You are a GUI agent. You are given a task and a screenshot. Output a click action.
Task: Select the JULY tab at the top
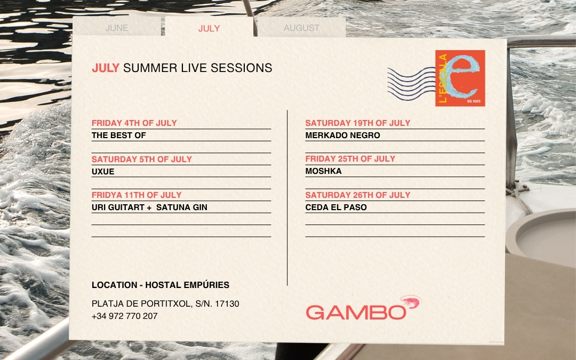209,28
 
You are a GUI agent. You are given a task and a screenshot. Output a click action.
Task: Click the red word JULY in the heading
106,68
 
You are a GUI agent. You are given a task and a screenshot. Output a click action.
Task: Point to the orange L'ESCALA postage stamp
460,78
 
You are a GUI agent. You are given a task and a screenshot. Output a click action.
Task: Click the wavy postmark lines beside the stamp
411,84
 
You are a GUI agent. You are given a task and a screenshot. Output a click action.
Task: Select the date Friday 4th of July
134,123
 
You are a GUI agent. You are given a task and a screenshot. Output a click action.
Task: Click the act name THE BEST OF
118,135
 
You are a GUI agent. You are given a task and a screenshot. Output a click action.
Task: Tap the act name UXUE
103,172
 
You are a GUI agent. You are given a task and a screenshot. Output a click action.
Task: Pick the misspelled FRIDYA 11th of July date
137,195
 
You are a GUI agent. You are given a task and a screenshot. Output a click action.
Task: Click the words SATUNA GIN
181,207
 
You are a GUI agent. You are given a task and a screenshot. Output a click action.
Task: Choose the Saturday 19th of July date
358,123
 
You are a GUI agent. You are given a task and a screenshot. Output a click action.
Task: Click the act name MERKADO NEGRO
343,135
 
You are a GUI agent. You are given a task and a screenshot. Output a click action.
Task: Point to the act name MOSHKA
323,171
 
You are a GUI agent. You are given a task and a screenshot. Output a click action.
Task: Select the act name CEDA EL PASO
336,207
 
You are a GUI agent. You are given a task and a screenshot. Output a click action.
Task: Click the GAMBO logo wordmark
356,313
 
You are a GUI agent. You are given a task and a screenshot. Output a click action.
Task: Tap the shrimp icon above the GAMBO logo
411,302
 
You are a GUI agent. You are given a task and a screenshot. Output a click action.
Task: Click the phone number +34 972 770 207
124,316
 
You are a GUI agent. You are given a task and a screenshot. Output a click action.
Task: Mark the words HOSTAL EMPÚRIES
187,285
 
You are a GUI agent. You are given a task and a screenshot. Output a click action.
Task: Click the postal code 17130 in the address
227,304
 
